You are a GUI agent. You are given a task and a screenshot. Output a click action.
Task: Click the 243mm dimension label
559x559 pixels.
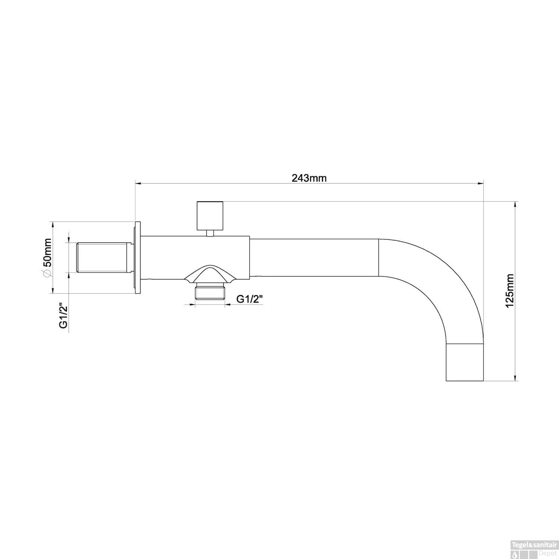pos(309,178)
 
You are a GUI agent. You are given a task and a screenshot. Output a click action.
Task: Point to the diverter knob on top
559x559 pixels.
pos(210,216)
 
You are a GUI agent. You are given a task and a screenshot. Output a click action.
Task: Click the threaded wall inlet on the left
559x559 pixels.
pos(104,258)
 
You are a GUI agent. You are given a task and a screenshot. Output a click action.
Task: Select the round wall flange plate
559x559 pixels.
pos(137,258)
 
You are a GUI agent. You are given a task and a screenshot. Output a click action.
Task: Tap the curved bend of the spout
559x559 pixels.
pos(447,283)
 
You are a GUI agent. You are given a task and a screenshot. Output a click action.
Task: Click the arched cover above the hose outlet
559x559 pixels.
pos(210,274)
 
